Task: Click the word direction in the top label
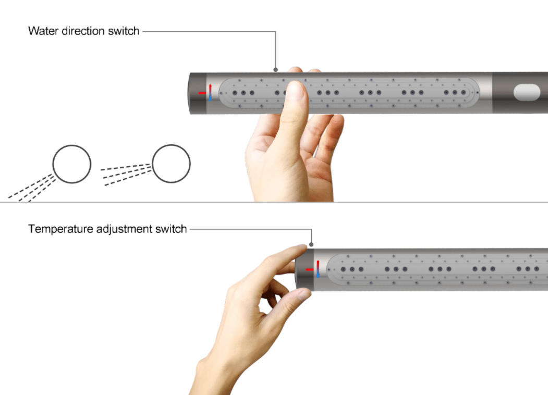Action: (83, 31)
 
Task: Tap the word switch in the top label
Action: (124, 31)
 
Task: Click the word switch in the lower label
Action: (171, 229)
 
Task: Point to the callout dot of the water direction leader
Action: (276, 70)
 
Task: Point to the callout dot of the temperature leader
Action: (311, 244)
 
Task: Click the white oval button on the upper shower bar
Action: (527, 93)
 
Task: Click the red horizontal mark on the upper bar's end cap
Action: (202, 93)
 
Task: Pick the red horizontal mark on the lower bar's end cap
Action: (309, 269)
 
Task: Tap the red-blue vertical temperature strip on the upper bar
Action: (211, 93)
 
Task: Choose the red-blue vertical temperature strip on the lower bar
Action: (318, 269)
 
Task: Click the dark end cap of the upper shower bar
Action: (198, 93)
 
